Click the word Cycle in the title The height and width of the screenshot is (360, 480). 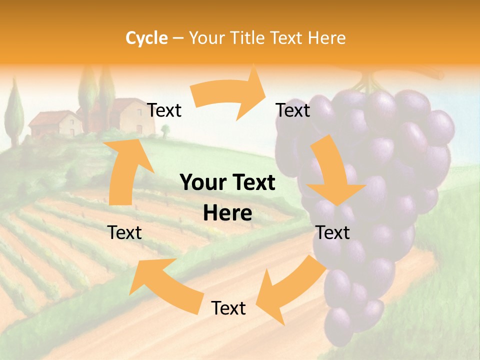[x=146, y=38]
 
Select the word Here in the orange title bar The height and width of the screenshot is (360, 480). [x=327, y=38]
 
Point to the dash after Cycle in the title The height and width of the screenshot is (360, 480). [x=178, y=38]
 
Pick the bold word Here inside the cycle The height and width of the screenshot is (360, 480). [x=227, y=213]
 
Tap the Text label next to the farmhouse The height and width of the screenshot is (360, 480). [x=164, y=110]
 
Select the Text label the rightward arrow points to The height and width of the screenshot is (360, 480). [x=293, y=110]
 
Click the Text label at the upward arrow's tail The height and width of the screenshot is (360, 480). [x=125, y=232]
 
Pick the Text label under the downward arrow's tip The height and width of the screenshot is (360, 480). [x=333, y=232]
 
